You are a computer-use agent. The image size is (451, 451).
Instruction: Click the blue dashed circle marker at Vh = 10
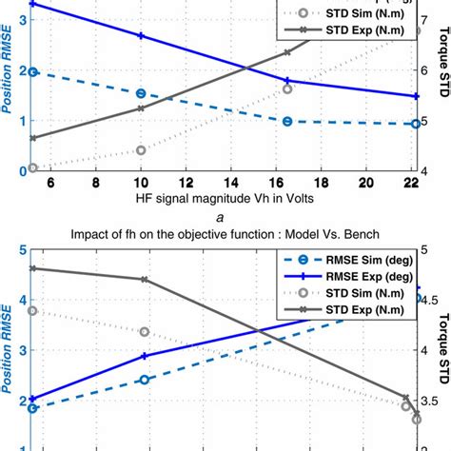(141, 93)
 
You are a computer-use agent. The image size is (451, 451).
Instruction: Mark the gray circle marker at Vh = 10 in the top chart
(141, 149)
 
